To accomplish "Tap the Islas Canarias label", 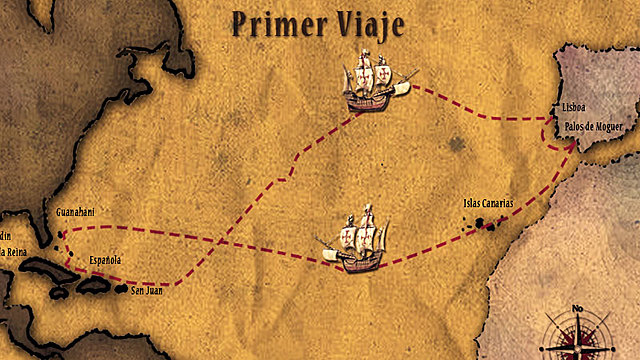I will (488, 203).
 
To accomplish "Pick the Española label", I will (105, 260).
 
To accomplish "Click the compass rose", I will (577, 335).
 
